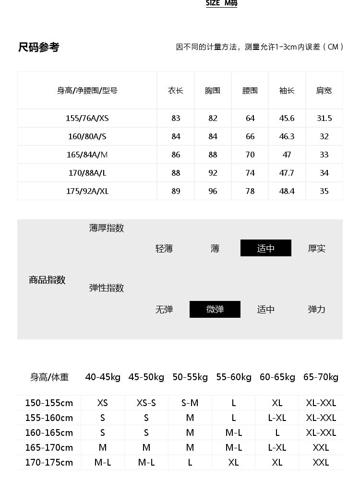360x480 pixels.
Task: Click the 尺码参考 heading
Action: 39,47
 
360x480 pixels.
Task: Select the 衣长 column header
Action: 176,90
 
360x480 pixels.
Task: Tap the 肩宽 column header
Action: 324,90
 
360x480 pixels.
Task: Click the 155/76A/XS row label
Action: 87,118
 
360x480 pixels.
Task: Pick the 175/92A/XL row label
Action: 87,191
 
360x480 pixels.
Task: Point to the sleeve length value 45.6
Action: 287,118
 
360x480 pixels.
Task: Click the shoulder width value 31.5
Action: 324,118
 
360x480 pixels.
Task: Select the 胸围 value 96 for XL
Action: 213,191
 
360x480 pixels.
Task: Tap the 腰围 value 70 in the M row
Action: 250,155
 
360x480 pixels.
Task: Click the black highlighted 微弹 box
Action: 215,310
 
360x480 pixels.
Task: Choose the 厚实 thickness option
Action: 317,249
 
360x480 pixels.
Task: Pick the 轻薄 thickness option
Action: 164,249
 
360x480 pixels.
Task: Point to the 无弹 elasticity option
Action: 164,310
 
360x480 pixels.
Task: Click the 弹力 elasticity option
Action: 317,310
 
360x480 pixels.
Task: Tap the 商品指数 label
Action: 47,280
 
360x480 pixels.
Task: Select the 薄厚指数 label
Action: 107,228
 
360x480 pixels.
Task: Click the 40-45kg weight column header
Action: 103,377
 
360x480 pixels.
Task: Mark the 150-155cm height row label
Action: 49,403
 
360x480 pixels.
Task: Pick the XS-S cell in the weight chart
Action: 146,403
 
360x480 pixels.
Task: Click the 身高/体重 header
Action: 49,377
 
